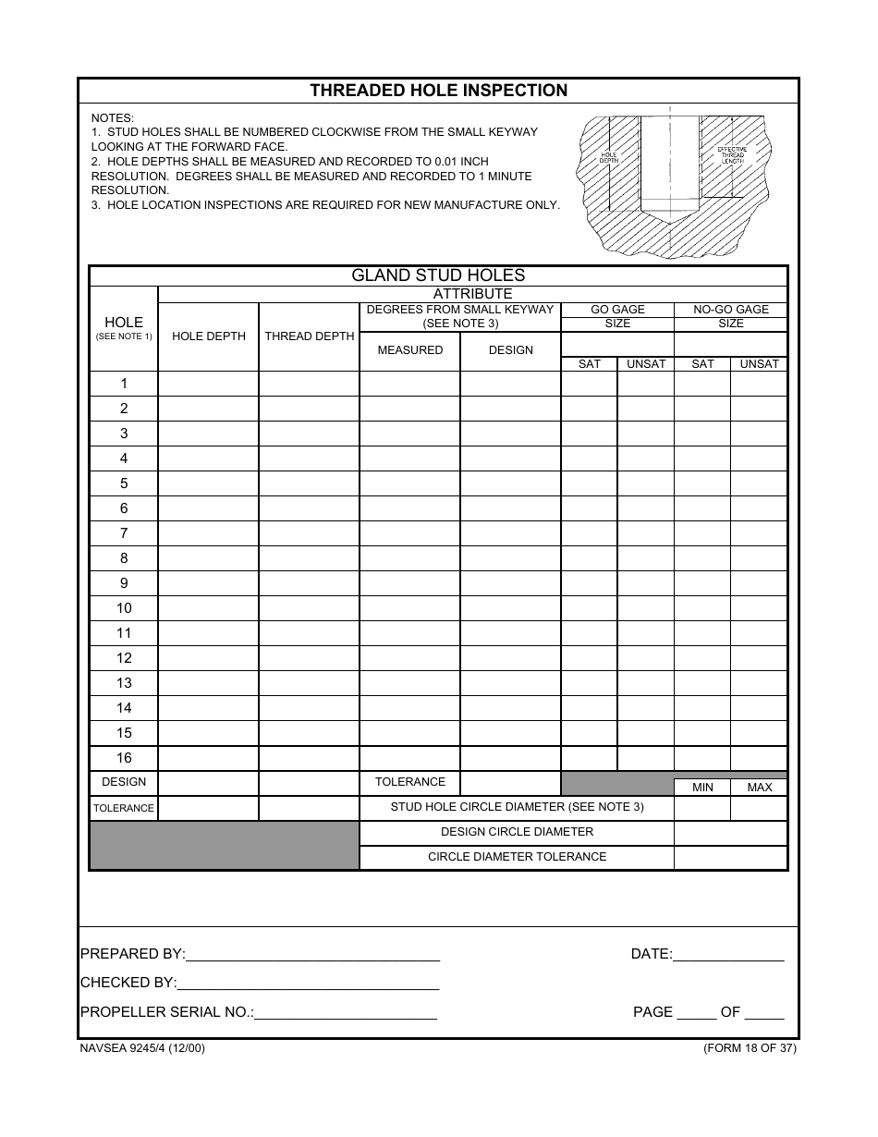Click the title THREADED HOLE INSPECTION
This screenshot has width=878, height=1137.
[438, 91]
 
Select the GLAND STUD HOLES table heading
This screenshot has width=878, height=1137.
[438, 275]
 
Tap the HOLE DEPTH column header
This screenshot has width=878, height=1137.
[209, 336]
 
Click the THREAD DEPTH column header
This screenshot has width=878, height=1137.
[310, 336]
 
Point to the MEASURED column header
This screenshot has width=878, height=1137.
[410, 350]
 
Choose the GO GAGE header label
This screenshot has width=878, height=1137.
[617, 310]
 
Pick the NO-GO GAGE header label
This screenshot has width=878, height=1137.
[731, 310]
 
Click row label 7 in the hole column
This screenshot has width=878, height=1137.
[124, 533]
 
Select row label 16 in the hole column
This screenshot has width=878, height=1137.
[124, 758]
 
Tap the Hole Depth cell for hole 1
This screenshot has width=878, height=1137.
[209, 384]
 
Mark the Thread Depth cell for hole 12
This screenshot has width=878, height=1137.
[310, 658]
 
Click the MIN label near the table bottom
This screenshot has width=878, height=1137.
[702, 788]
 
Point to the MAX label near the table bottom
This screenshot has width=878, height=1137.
[760, 788]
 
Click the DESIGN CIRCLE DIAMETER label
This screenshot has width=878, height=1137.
[517, 832]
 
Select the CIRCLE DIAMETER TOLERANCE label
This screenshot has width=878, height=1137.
[517, 857]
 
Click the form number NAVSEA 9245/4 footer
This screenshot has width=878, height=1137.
[143, 1048]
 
